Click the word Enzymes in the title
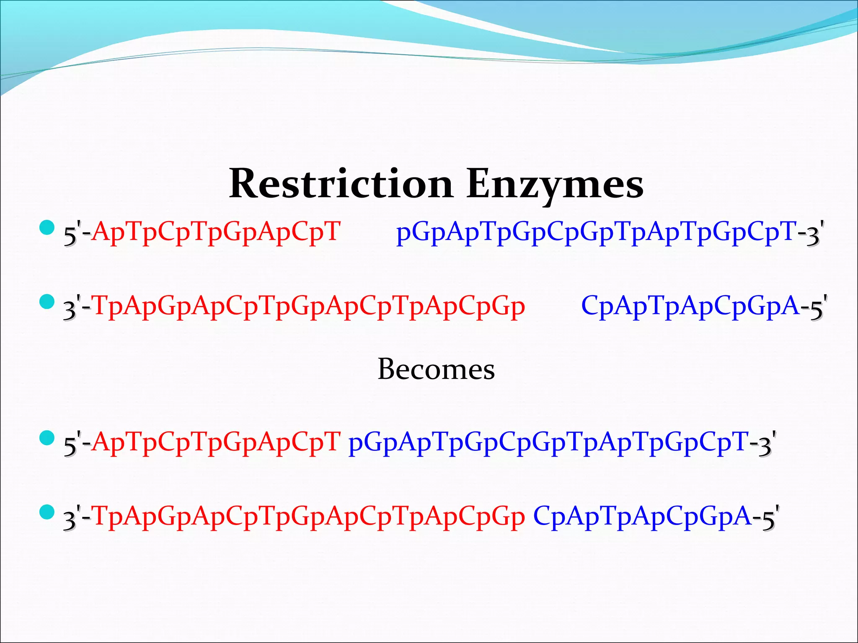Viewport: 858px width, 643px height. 555,184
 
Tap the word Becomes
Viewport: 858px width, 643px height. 436,369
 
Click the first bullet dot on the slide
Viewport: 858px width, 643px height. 47,228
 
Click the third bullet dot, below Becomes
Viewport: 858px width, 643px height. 47,438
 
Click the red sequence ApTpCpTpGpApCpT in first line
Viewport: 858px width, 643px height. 216,231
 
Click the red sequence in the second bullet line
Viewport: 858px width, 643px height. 308,306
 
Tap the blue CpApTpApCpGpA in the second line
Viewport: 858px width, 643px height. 690,306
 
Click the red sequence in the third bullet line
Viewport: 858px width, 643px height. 216,442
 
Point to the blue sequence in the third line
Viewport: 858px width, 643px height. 548,442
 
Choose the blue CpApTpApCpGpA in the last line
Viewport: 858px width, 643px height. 642,516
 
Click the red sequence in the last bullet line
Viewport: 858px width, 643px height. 308,516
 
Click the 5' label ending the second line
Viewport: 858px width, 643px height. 818,306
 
